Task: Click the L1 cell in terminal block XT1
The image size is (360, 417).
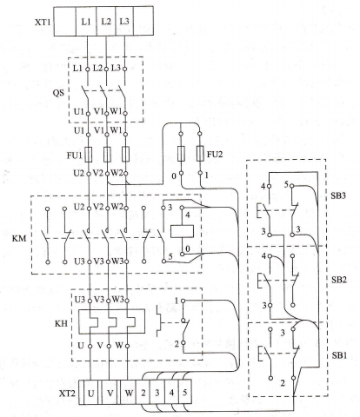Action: pyautogui.click(x=86, y=21)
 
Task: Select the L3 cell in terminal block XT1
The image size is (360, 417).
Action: pyautogui.click(x=124, y=21)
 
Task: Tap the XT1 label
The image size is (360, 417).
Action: pyautogui.click(x=43, y=22)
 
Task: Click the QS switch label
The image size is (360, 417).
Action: pyautogui.click(x=58, y=93)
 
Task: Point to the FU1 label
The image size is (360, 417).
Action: pyautogui.click(x=75, y=156)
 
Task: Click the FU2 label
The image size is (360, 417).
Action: pyautogui.click(x=215, y=155)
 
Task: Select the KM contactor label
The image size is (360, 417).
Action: pyautogui.click(x=19, y=239)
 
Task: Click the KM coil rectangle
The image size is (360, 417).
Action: pyautogui.click(x=183, y=231)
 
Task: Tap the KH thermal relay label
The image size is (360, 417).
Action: pyautogui.click(x=61, y=323)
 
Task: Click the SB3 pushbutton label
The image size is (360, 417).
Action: pyautogui.click(x=338, y=195)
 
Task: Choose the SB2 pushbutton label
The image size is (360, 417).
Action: pyautogui.click(x=339, y=280)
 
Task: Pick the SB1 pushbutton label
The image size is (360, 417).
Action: pyautogui.click(x=339, y=355)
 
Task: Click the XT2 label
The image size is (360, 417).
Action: pyautogui.click(x=67, y=394)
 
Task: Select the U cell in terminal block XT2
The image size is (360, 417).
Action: pyautogui.click(x=91, y=392)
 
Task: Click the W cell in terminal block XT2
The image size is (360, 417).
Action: pyautogui.click(x=129, y=392)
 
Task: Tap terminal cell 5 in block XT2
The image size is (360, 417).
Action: pyautogui.click(x=185, y=392)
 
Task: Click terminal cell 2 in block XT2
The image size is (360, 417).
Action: pyautogui.click(x=143, y=392)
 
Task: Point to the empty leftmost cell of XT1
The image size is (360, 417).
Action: pyautogui.click(x=65, y=21)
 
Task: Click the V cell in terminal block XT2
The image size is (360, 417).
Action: pyautogui.click(x=110, y=392)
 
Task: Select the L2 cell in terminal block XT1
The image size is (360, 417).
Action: pyautogui.click(x=106, y=21)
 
